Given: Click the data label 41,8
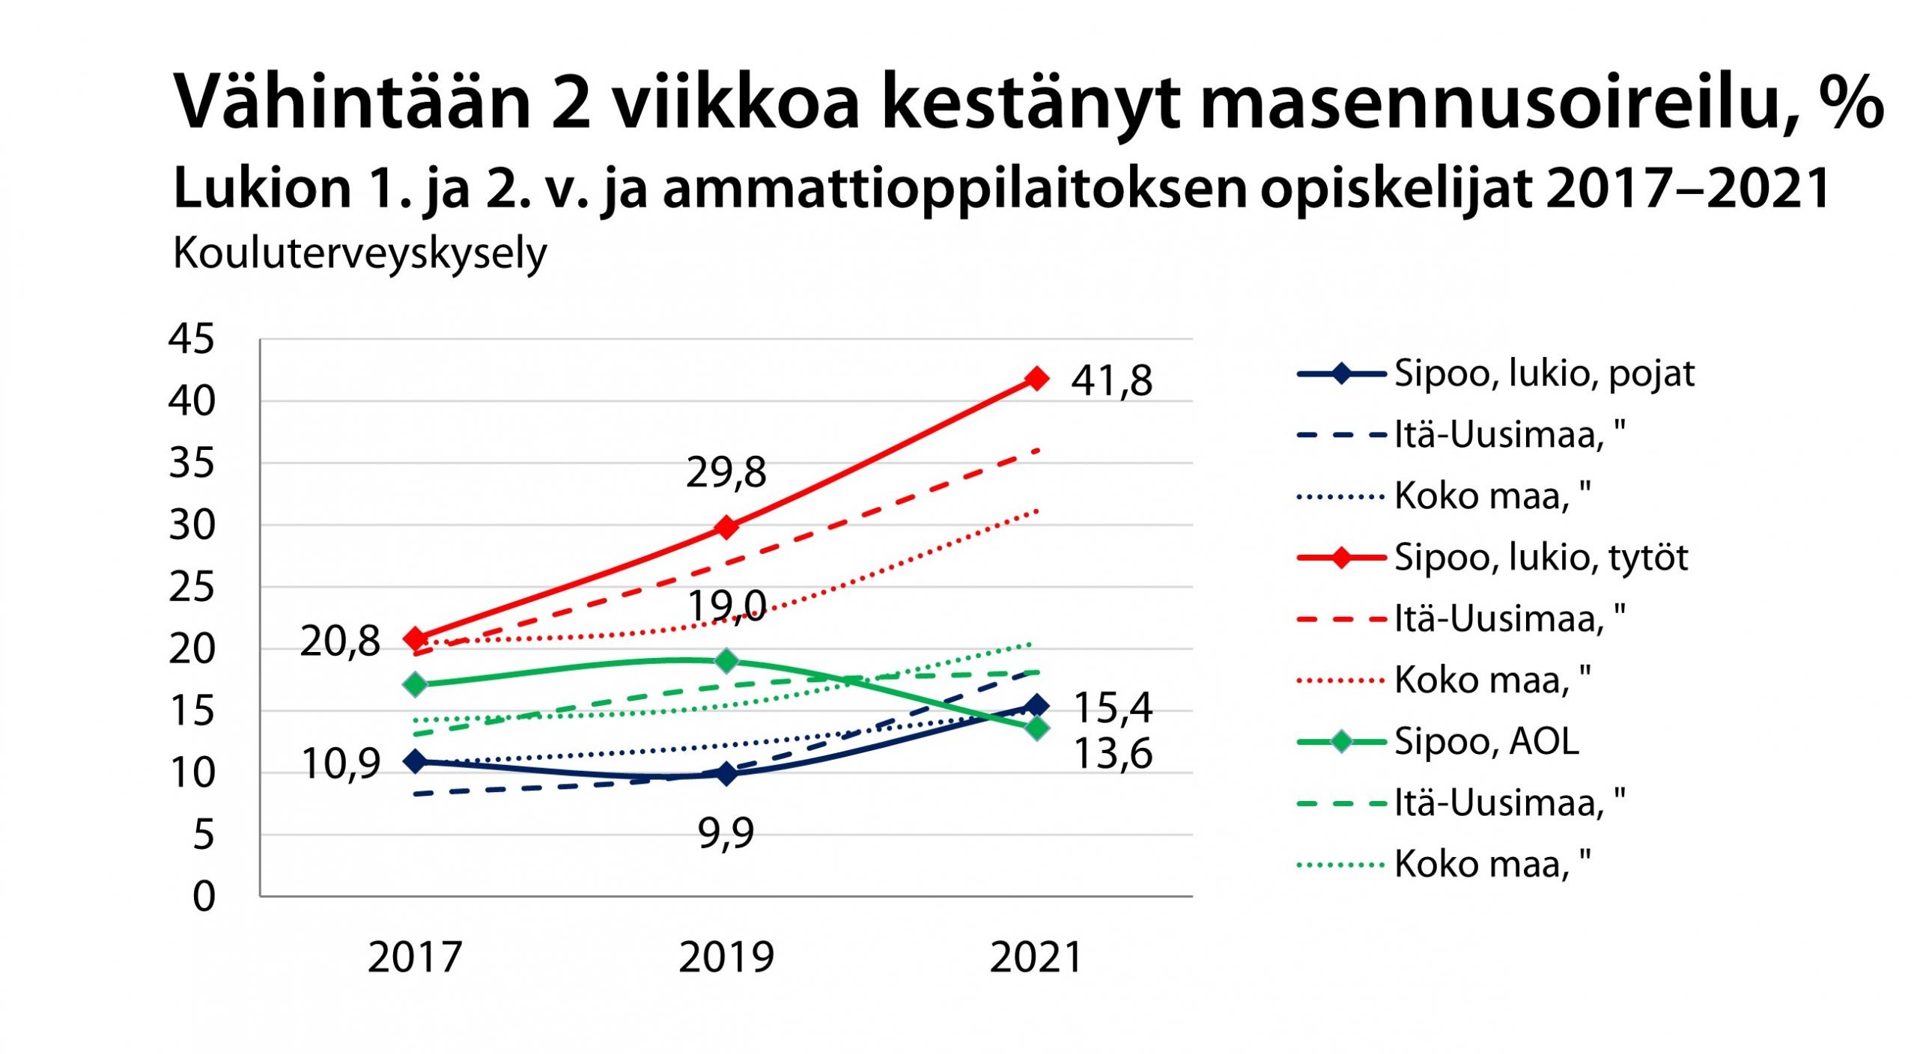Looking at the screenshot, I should click(x=1111, y=380).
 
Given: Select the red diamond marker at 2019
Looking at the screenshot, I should click(x=726, y=527).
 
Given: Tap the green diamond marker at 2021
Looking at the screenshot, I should click(x=1036, y=728).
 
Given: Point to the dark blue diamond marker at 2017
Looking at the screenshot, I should click(x=415, y=761).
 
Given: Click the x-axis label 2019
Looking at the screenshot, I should click(x=726, y=957).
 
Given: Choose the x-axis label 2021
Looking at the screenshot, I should click(x=1036, y=957).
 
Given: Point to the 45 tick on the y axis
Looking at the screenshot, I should click(x=192, y=338).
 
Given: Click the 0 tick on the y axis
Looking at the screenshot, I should click(x=204, y=896).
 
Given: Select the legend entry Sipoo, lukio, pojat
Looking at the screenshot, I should click(x=1543, y=373).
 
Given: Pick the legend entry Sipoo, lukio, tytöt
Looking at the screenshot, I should click(x=1540, y=558).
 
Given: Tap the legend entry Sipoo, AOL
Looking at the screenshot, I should click(x=1486, y=742).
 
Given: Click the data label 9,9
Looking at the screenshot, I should click(x=726, y=832).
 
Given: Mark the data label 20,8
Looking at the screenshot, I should click(x=340, y=642).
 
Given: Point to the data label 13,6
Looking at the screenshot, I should click(x=1113, y=753).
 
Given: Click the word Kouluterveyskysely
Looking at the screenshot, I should click(x=360, y=254).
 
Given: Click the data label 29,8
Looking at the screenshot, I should click(x=726, y=472).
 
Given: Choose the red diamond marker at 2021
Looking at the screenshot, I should click(x=1036, y=378).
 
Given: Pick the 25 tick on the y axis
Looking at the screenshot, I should click(x=192, y=587).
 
